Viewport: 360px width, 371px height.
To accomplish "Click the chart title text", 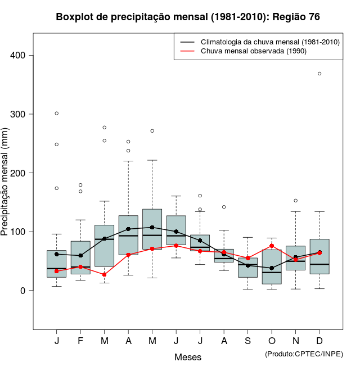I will click(x=188, y=17).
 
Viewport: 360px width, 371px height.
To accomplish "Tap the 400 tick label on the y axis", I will click(x=22, y=55).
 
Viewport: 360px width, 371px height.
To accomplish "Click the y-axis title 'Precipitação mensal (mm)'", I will click(x=6, y=189).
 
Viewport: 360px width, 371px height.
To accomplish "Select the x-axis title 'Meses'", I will click(x=188, y=357).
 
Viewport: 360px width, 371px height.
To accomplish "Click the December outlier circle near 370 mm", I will click(x=319, y=74).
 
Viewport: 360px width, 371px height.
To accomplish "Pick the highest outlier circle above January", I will click(x=57, y=114).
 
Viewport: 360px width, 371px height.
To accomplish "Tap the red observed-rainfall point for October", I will click(x=272, y=246).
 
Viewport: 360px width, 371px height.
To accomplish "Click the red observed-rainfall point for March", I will click(x=105, y=274).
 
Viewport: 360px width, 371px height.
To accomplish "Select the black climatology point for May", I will click(x=152, y=228).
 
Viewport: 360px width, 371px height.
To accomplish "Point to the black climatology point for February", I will click(x=80, y=256).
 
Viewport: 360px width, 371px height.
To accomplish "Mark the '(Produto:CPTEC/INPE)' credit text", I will click(x=304, y=354).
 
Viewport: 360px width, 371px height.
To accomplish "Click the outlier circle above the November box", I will click(x=296, y=201).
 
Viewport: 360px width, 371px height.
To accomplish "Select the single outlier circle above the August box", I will click(x=224, y=207).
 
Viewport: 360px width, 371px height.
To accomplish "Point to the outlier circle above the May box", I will click(x=152, y=131).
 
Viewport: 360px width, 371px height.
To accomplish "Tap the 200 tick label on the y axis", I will click(x=22, y=173).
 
